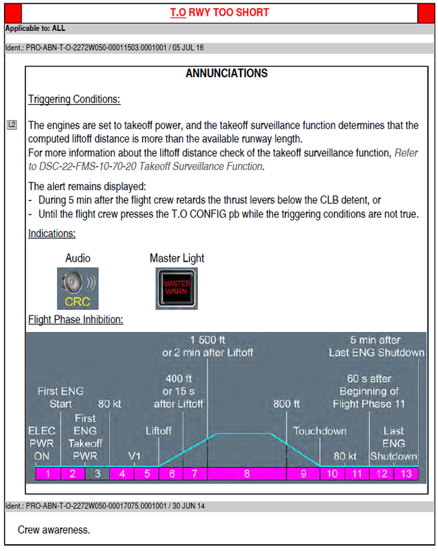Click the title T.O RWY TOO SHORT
point(219,12)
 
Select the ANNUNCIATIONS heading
point(226,74)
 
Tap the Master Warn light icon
point(177,288)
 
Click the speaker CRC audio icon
point(78,288)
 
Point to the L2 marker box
point(11,125)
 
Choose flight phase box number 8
point(246,474)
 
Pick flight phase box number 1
point(48,474)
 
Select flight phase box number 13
point(406,474)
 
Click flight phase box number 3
point(98,474)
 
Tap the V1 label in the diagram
point(135,456)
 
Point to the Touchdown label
point(320,431)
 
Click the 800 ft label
point(287,404)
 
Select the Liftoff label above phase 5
point(158,431)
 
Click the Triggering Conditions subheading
point(74,99)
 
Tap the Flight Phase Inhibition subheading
point(76,320)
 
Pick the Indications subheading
point(52,234)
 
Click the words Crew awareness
point(54,530)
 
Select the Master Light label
point(177,258)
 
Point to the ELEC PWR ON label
point(41,444)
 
